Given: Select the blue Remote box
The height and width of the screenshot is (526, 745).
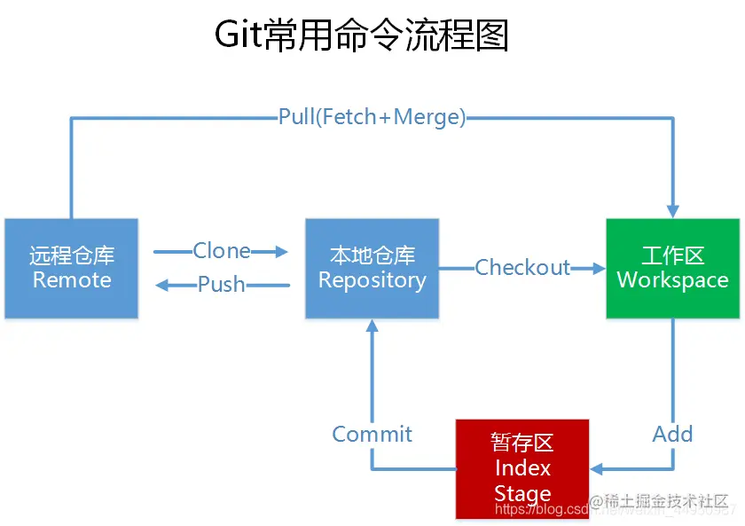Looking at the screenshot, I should pos(72,268).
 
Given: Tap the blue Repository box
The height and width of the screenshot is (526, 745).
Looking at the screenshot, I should pos(372,268).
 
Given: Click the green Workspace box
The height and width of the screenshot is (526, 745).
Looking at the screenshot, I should pos(672,268).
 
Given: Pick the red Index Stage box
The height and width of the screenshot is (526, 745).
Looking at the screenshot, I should pos(522,468).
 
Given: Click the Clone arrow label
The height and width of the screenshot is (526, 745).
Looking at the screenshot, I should pos(222,251).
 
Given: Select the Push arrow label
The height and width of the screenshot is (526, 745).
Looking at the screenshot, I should pos(222,285).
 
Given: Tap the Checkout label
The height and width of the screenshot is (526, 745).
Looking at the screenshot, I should pos(522,267).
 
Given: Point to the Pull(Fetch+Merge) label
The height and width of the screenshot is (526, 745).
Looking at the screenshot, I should pos(372,117).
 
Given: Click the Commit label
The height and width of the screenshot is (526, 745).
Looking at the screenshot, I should pos(372,434).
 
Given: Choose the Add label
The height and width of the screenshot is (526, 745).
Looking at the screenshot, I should pos(672,434).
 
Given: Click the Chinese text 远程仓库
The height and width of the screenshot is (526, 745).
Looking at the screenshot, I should pos(72,256).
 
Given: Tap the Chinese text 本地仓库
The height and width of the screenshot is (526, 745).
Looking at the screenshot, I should pos(372,256).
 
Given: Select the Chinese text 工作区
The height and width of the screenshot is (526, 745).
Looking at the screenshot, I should pos(672,256).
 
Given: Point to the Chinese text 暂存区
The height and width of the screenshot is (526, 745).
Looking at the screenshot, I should pos(522,443).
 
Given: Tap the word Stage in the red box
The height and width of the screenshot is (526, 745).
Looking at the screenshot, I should pos(522,493).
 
